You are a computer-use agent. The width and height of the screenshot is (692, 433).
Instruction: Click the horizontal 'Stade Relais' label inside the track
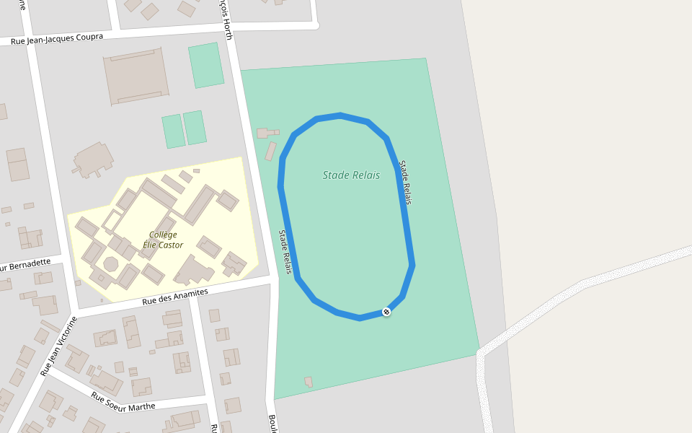point(351,175)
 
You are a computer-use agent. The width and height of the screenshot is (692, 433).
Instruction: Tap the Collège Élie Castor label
point(163,240)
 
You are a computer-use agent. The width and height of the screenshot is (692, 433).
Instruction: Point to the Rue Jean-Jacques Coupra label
point(57,38)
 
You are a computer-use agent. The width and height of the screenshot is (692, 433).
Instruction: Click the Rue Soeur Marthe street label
point(123,401)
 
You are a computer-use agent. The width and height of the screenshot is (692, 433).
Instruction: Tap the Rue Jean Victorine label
point(58,347)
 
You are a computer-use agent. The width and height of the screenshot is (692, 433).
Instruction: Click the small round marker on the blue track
point(386,312)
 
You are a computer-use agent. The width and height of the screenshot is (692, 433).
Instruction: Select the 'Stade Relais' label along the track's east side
point(405,183)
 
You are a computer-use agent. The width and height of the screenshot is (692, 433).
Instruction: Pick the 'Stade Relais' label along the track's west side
point(285,252)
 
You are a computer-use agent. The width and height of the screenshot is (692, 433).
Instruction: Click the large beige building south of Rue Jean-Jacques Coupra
point(136,76)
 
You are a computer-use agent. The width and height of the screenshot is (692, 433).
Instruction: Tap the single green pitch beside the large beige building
point(206,65)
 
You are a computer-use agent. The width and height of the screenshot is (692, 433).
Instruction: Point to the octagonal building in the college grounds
point(111,264)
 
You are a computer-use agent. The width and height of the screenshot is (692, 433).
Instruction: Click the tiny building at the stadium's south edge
point(309,381)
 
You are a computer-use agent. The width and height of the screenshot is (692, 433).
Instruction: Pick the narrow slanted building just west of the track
point(271,152)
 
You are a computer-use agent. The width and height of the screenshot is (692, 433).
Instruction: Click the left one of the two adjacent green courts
point(173,131)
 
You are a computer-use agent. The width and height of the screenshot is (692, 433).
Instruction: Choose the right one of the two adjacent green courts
point(195,128)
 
